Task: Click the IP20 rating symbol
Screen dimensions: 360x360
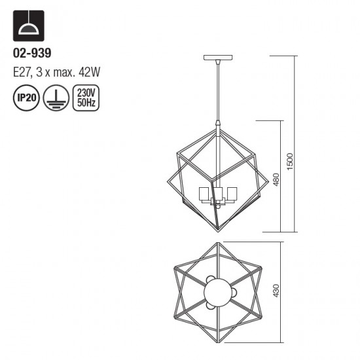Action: [x=26, y=98]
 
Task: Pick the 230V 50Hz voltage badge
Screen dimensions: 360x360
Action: [x=84, y=98]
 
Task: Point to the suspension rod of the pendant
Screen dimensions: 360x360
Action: [x=218, y=92]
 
